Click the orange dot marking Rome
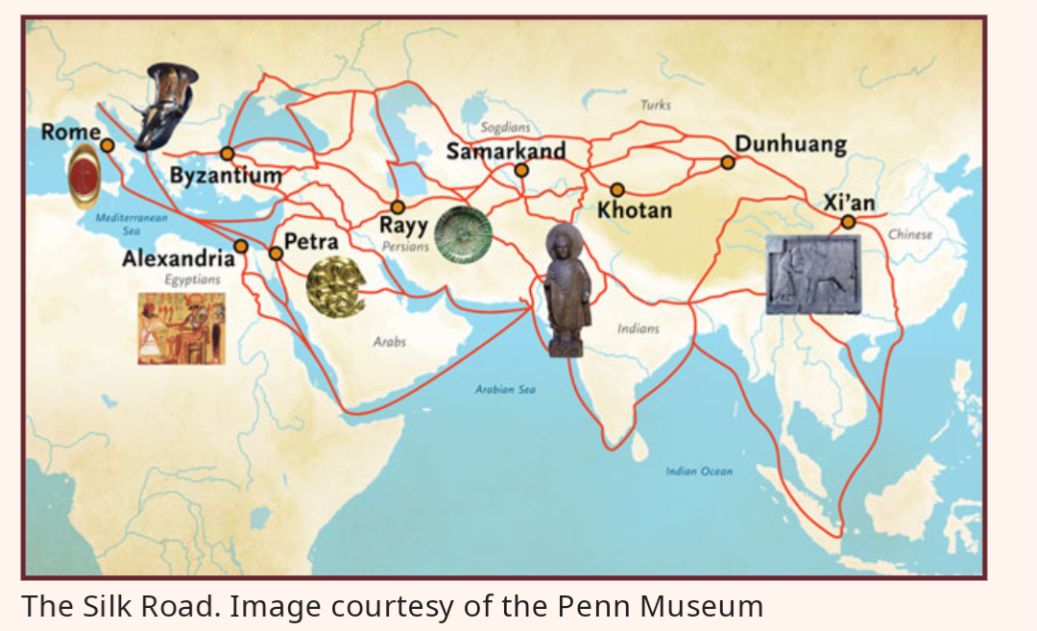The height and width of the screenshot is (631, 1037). [108, 145]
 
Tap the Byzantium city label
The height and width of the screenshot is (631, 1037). [226, 176]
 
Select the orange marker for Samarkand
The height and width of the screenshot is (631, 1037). [520, 170]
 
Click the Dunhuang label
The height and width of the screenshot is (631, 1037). [790, 145]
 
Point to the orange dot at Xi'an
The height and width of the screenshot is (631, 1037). [849, 223]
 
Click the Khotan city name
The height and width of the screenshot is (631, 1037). [634, 209]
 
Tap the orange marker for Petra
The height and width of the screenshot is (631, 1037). [276, 254]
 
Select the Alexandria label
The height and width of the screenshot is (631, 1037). [178, 259]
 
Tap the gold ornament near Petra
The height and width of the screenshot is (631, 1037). [335, 287]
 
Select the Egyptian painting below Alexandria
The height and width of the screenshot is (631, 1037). [181, 328]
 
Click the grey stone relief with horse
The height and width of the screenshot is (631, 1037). [812, 275]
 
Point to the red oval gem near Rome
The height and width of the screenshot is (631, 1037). [84, 179]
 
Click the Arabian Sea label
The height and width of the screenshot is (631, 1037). [505, 389]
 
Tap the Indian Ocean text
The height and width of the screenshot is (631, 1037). [698, 471]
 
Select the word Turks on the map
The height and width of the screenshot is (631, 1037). [655, 105]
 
